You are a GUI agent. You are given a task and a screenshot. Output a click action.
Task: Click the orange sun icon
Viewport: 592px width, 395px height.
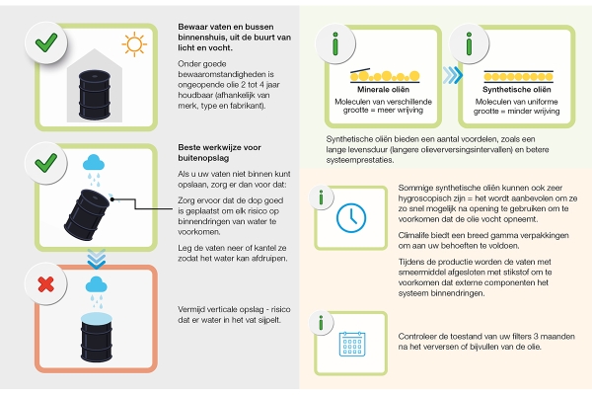coord(134,44)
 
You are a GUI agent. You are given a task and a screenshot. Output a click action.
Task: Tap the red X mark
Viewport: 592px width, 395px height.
coord(46,284)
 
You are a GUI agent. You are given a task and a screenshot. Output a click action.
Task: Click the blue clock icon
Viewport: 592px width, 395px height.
coord(351,217)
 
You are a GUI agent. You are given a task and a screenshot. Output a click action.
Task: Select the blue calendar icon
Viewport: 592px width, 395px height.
coord(352,344)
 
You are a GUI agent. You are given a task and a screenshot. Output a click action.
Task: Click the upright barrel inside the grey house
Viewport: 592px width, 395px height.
coord(95,95)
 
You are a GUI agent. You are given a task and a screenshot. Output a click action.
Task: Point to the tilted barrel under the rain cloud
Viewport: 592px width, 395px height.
coord(87,214)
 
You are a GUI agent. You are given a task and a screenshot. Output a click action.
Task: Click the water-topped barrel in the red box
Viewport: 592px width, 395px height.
coord(97,337)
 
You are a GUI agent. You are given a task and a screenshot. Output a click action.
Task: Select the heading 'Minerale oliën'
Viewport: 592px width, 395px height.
coord(383,90)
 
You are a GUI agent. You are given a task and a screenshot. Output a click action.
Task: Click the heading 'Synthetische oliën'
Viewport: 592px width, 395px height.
coord(516,90)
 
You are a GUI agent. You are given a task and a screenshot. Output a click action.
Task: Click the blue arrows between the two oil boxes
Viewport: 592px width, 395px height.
coord(452,75)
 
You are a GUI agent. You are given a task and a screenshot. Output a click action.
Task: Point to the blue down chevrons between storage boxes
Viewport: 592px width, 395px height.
coord(97,259)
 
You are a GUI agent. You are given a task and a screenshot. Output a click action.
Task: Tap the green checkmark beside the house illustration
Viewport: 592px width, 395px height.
coord(46,42)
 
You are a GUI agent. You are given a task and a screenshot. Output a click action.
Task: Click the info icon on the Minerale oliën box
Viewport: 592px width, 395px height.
coord(335,43)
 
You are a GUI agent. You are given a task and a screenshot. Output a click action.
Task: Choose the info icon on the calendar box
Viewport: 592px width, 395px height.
coord(321,323)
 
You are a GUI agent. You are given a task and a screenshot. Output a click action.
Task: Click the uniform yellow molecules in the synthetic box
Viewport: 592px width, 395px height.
coord(518,77)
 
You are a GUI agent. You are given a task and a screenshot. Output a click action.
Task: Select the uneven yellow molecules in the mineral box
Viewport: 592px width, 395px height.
coord(385,76)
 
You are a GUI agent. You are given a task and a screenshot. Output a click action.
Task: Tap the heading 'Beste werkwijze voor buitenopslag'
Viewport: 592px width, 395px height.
coord(219,153)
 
